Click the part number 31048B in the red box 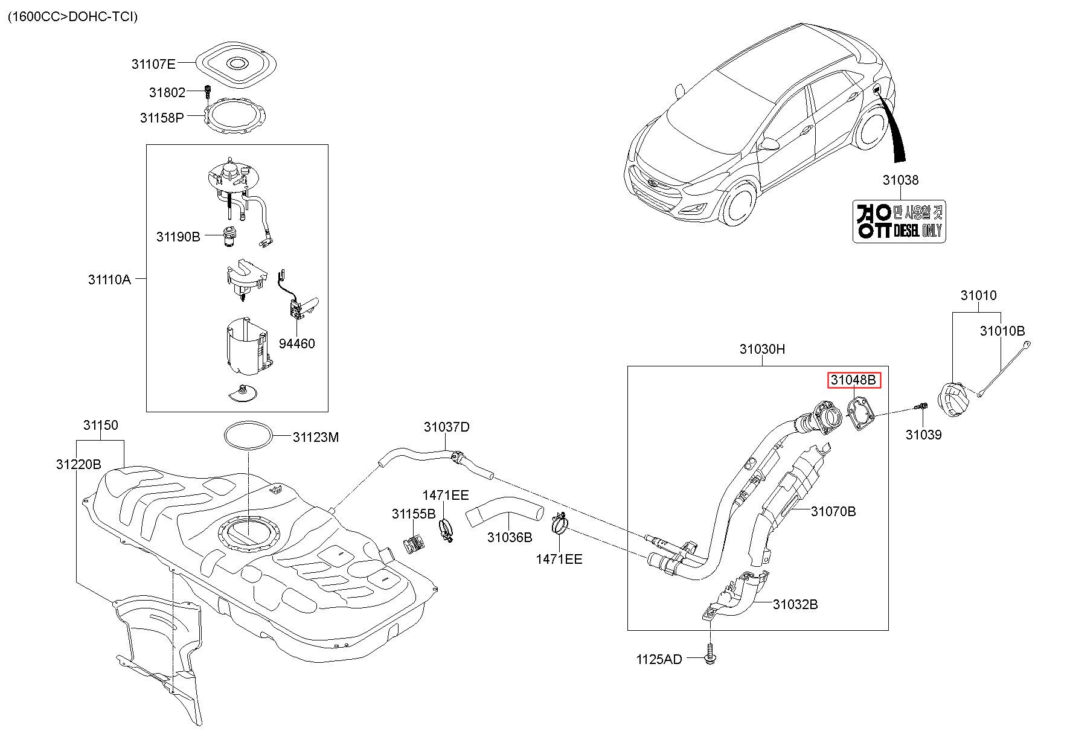point(854,380)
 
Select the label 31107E point(153,63)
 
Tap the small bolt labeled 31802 point(207,92)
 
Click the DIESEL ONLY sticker point(899,222)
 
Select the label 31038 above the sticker point(900,180)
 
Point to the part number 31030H point(762,349)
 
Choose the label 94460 point(296,343)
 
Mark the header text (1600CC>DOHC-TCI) point(72,16)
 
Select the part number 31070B point(833,511)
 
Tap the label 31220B point(78,464)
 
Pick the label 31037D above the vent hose point(446,427)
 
